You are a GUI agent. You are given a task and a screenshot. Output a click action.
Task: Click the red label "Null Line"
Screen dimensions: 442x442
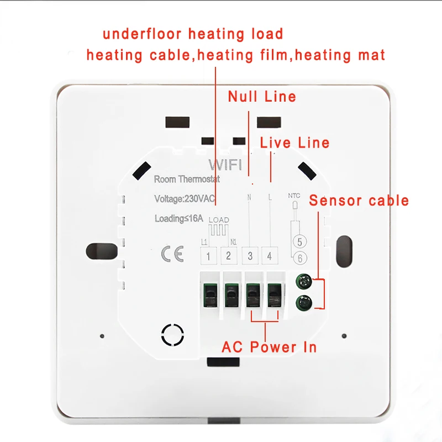[262, 97]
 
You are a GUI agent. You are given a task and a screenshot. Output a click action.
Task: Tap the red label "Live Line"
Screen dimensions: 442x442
[295, 143]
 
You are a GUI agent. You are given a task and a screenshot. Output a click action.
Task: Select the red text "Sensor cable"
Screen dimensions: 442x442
[359, 200]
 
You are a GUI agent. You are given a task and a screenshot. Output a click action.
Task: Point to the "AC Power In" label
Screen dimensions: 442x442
[269, 347]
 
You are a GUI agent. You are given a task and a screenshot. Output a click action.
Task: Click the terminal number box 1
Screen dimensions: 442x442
[208, 255]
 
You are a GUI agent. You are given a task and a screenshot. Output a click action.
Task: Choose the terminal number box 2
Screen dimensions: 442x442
[229, 255]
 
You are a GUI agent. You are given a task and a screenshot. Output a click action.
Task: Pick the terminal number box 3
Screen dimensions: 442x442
[250, 255]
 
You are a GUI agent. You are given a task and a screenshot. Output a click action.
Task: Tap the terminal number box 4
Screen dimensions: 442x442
[270, 255]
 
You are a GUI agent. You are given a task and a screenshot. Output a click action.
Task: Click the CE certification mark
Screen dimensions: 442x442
[169, 254]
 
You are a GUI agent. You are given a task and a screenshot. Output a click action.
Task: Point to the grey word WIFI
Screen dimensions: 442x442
[222, 165]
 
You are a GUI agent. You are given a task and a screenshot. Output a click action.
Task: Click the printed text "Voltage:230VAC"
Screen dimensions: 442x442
[185, 198]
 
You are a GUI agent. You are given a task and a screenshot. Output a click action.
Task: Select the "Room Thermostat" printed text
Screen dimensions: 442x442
[187, 179]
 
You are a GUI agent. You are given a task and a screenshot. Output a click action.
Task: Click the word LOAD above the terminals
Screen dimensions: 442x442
[219, 220]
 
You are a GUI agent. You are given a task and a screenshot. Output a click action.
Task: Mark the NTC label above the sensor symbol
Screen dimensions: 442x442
[294, 196]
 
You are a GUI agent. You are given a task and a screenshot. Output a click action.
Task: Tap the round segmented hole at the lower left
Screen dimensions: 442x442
[172, 334]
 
